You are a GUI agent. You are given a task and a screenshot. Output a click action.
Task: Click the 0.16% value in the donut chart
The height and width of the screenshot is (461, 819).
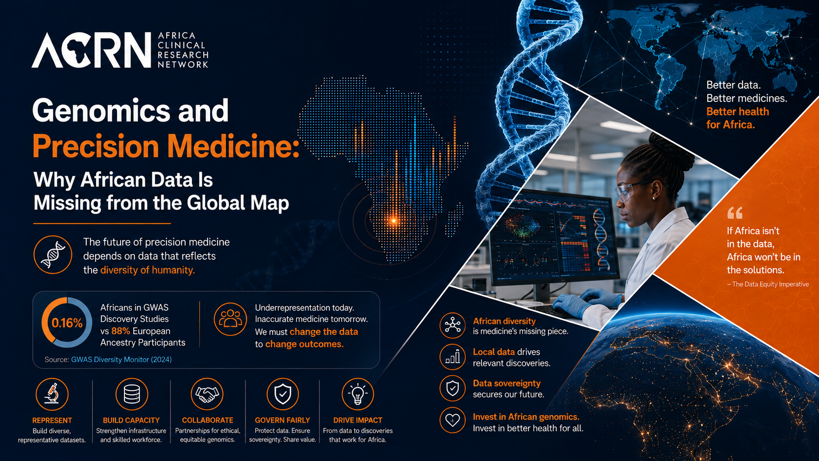pyautogui.click(x=67, y=323)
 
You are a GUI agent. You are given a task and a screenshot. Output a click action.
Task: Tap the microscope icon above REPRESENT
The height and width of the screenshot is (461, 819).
pyautogui.click(x=52, y=394)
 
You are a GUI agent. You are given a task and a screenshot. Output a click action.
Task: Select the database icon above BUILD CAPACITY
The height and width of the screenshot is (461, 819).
pyautogui.click(x=132, y=394)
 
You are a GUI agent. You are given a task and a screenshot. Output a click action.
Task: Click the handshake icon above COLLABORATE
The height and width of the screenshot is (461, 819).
pyautogui.click(x=207, y=394)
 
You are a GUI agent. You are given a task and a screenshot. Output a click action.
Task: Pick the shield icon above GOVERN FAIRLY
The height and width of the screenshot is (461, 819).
pyautogui.click(x=283, y=394)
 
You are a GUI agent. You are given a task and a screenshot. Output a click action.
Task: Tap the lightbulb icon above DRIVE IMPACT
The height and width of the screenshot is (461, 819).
pyautogui.click(x=358, y=394)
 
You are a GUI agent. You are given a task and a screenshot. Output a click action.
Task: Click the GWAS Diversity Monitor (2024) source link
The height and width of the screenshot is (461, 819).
pyautogui.click(x=121, y=360)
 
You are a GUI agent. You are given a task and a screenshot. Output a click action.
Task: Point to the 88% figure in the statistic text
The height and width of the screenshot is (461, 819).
pyautogui.click(x=120, y=331)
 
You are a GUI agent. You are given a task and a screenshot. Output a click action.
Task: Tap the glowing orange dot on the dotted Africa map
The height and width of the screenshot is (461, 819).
pyautogui.click(x=394, y=220)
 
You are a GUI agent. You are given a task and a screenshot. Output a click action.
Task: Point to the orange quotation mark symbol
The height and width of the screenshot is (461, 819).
pyautogui.click(x=735, y=213)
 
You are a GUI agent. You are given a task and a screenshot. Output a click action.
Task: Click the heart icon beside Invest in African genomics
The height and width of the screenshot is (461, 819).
pyautogui.click(x=453, y=420)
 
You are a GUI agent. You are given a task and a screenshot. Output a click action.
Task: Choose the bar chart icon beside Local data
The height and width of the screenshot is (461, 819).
pyautogui.click(x=453, y=357)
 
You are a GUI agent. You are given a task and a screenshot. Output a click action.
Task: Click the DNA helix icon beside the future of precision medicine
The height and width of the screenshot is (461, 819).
pyautogui.click(x=52, y=255)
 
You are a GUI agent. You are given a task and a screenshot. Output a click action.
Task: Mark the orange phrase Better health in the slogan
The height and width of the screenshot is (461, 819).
pyautogui.click(x=738, y=112)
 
